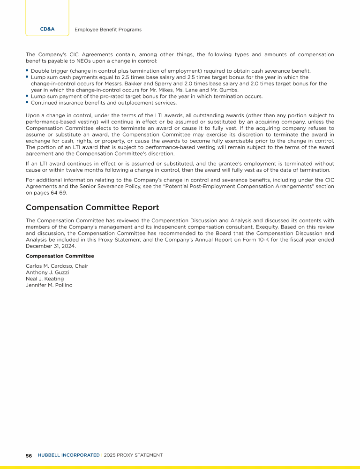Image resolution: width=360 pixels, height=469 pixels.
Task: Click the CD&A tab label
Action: click(x=47, y=29)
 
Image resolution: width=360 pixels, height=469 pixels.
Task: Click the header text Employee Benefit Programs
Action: click(x=108, y=30)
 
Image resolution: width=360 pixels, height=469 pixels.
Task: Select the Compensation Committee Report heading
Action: click(x=92, y=207)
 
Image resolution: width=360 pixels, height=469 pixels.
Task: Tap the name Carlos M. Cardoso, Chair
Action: click(x=57, y=266)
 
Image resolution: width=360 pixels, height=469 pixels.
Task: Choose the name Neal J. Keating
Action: click(x=45, y=279)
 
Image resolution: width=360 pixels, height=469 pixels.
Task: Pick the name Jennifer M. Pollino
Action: click(x=49, y=285)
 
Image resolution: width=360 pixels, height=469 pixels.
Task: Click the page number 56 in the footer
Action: click(x=29, y=455)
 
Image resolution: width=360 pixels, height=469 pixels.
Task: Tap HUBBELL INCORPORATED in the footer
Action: click(x=68, y=455)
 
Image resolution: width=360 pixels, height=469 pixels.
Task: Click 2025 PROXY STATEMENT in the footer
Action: click(x=133, y=455)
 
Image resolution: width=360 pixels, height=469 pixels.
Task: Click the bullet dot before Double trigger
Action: click(x=27, y=70)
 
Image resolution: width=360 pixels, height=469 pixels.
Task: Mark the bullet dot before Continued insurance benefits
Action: click(x=27, y=102)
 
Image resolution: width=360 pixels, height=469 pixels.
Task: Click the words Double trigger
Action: click(x=47, y=71)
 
